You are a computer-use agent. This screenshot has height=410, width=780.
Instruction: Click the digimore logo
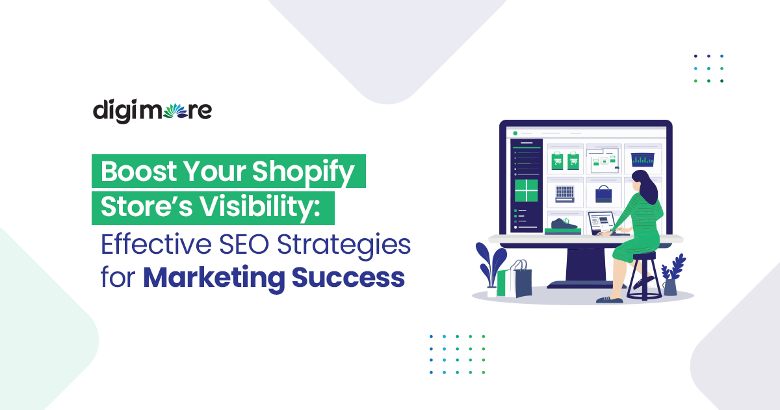(x=152, y=111)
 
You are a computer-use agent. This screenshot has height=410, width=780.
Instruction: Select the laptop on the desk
(x=603, y=223)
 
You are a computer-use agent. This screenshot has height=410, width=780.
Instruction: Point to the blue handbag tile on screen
(x=603, y=193)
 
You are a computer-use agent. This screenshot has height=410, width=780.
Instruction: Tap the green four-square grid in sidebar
(x=526, y=191)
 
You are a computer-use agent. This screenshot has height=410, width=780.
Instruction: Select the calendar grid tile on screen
(x=564, y=193)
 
